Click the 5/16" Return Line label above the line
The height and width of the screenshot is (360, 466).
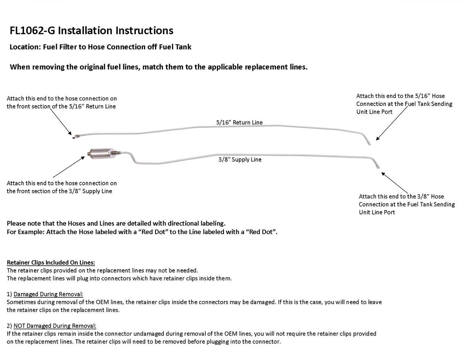pyautogui.click(x=239, y=122)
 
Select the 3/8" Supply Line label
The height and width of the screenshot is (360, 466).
pyautogui.click(x=240, y=159)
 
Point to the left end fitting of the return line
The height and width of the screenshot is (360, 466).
pyautogui.click(x=74, y=137)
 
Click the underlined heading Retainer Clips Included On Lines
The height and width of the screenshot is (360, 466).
pyautogui.click(x=51, y=262)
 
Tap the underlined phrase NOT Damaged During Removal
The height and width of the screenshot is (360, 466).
pyautogui.click(x=55, y=326)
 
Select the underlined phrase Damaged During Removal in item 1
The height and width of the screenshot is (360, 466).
pyautogui.click(x=48, y=294)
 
